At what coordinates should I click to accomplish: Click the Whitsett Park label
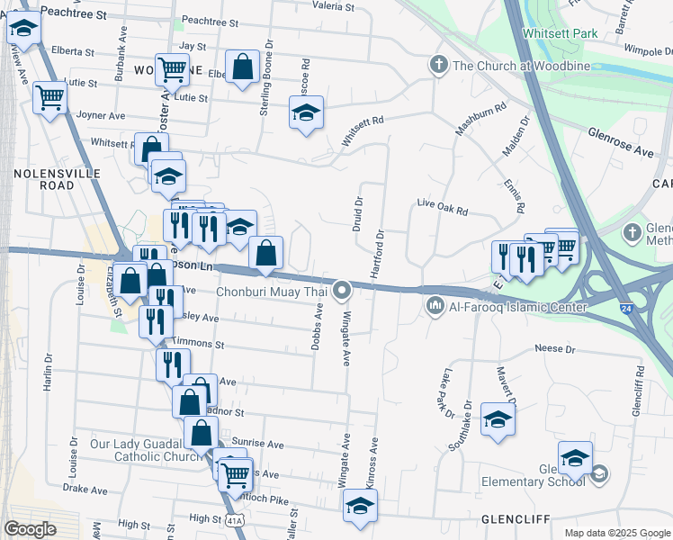[x=559, y=33]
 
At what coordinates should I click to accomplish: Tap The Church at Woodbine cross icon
[x=438, y=65]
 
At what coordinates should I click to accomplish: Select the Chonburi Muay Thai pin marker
[x=342, y=291]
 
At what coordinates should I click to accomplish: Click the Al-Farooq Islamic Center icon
[x=436, y=307]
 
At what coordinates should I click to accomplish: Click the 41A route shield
[x=234, y=520]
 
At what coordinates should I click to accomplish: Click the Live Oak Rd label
[x=443, y=209]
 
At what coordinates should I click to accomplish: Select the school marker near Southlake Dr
[x=498, y=419]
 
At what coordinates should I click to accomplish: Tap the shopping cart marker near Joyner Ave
[x=50, y=97]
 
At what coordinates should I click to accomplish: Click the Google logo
[x=31, y=529]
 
